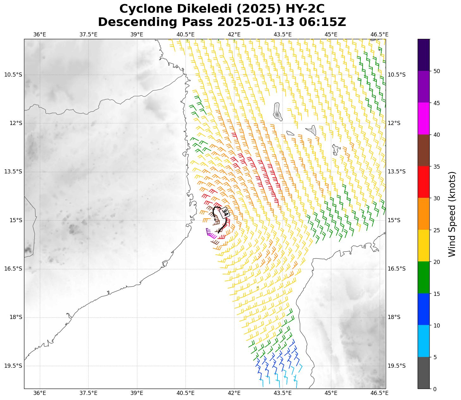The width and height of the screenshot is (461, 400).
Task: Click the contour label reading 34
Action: pyautogui.click(x=225, y=212)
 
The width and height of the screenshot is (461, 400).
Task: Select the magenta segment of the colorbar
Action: pyautogui.click(x=423, y=118)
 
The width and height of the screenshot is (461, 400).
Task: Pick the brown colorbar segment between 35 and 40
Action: pyautogui.click(x=423, y=150)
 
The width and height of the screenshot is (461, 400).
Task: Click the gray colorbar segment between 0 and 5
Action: pyautogui.click(x=423, y=373)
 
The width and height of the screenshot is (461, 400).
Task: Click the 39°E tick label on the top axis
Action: pyautogui.click(x=137, y=34)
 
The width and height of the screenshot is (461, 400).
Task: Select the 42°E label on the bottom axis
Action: pyautogui.click(x=234, y=393)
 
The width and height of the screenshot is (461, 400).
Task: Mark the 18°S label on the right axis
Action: pyautogui.click(x=394, y=317)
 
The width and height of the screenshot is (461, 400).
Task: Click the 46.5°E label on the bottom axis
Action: pyautogui.click(x=379, y=393)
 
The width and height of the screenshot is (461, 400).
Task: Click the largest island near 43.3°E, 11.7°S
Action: pyautogui.click(x=277, y=111)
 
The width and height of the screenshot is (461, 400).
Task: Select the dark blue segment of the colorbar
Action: pyautogui.click(x=423, y=309)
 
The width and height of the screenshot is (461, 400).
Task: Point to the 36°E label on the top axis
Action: pyautogui.click(x=40, y=34)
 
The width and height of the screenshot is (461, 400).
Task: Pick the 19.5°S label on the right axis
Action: pyautogui.click(x=396, y=366)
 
